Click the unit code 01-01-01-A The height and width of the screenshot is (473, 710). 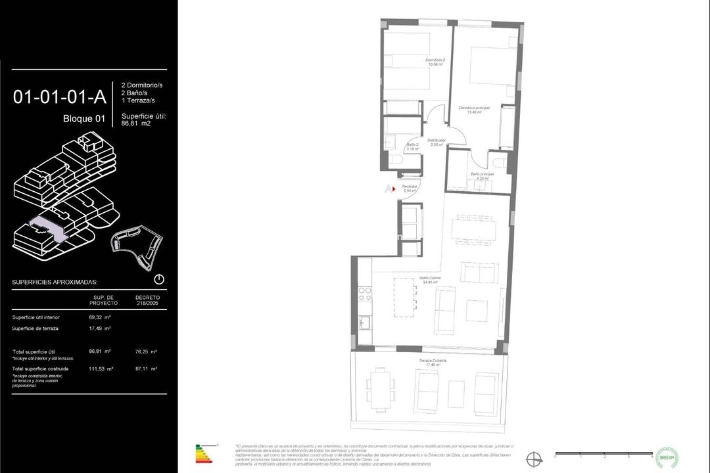pyautogui.click(x=59, y=97)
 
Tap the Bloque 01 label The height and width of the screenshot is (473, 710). pyautogui.click(x=83, y=119)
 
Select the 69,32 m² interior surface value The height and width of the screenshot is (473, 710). pyautogui.click(x=99, y=317)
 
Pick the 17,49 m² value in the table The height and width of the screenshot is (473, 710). pyautogui.click(x=99, y=328)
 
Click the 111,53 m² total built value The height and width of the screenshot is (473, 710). pyautogui.click(x=101, y=369)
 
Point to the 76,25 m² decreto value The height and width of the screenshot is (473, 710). pyautogui.click(x=145, y=351)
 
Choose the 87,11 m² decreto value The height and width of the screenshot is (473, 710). pyautogui.click(x=145, y=369)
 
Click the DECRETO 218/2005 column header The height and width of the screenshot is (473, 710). pyautogui.click(x=147, y=300)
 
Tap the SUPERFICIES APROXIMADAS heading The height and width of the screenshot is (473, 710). pyautogui.click(x=55, y=282)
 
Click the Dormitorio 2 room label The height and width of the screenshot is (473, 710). pyautogui.click(x=435, y=62)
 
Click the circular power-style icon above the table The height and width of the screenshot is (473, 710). pyautogui.click(x=159, y=279)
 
